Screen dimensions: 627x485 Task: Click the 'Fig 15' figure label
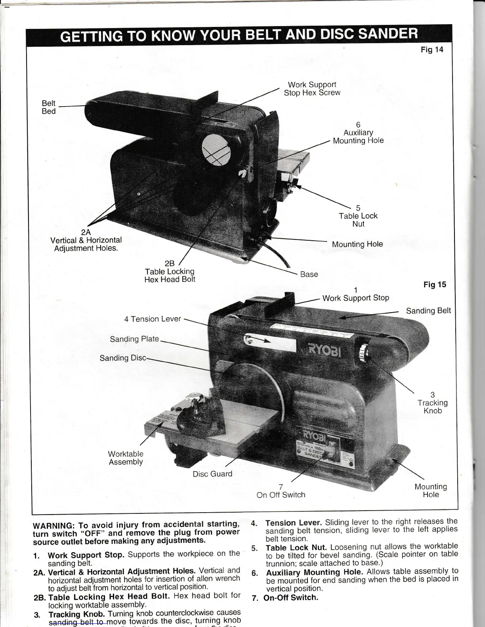[435, 285]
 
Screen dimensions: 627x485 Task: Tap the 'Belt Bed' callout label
[49, 107]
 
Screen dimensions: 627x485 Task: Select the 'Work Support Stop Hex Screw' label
[312, 89]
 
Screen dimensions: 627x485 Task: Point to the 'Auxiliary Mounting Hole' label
[358, 137]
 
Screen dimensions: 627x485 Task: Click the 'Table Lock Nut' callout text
[358, 216]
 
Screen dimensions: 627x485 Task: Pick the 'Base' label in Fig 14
[309, 274]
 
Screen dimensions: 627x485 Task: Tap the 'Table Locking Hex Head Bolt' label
[170, 272]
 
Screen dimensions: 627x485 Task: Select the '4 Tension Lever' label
[153, 319]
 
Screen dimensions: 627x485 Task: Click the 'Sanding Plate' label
[134, 339]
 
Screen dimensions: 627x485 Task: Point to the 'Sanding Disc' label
[123, 358]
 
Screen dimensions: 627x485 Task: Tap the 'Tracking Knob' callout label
[432, 403]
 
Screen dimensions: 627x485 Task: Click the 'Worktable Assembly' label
[126, 458]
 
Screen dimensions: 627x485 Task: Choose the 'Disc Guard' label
[212, 474]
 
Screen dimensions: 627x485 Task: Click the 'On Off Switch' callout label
[281, 495]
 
